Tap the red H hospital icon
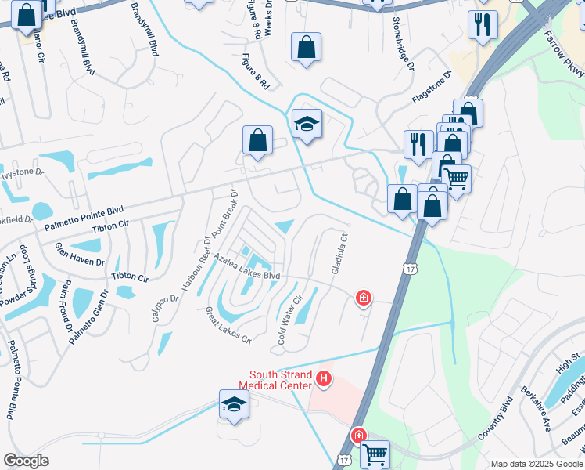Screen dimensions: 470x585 pyautogui.click(x=324, y=381)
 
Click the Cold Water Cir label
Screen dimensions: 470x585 pyautogui.click(x=290, y=321)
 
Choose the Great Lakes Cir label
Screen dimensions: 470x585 pyautogui.click(x=228, y=325)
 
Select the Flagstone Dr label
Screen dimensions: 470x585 pyautogui.click(x=432, y=88)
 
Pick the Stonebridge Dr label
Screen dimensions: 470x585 pyautogui.click(x=404, y=44)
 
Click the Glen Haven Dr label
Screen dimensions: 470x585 pyautogui.click(x=79, y=257)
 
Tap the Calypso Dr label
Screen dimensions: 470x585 pyautogui.click(x=160, y=309)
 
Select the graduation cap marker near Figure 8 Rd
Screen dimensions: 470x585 pyautogui.click(x=307, y=124)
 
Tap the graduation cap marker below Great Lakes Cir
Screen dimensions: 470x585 pyautogui.click(x=234, y=404)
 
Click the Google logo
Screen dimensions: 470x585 pyautogui.click(x=26, y=461)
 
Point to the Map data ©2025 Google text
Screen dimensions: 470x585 pyautogui.click(x=536, y=464)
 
